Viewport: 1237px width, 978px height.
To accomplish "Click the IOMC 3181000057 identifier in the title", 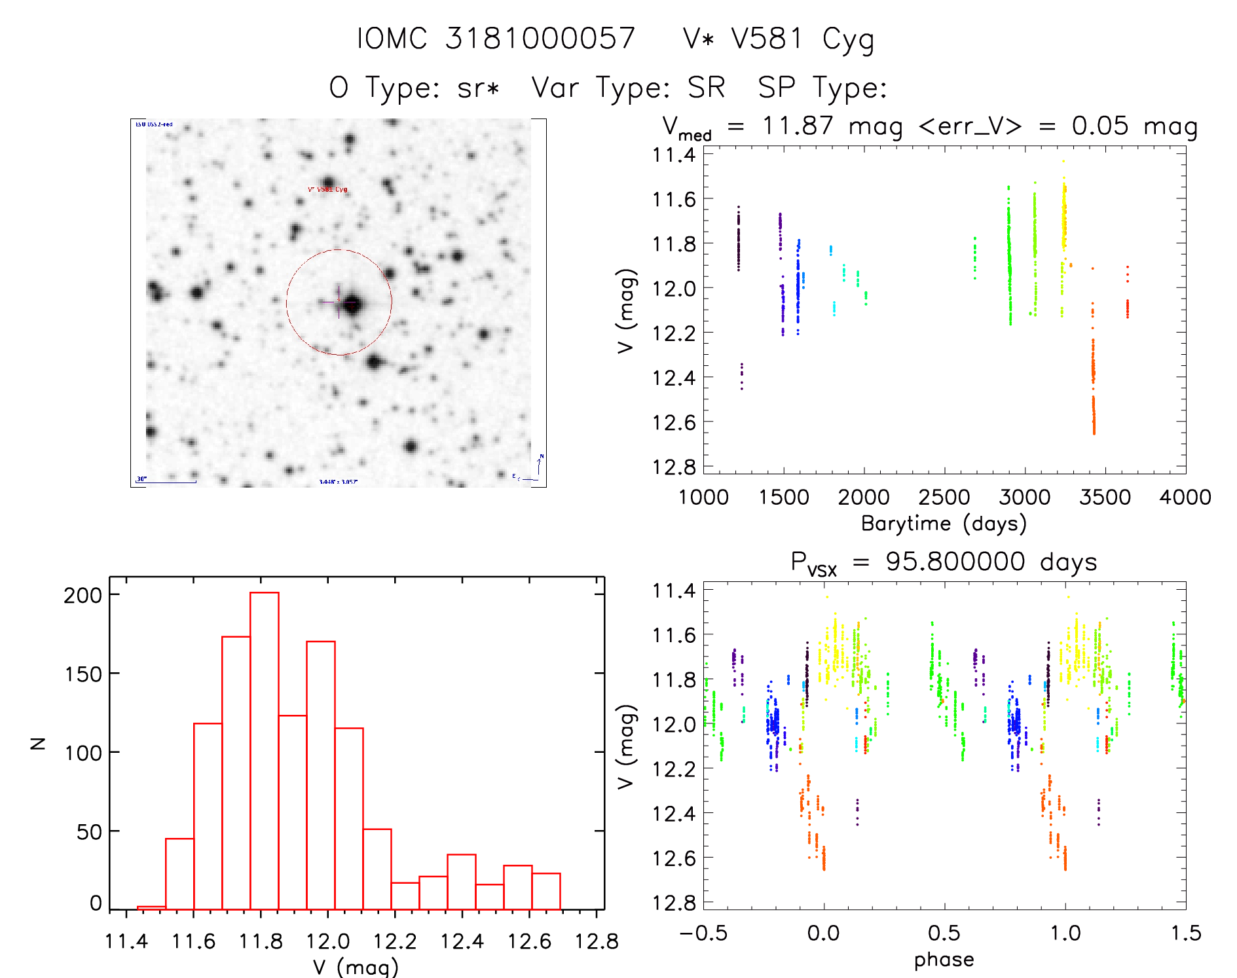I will (x=496, y=39).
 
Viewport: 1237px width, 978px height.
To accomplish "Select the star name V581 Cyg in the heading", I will (x=778, y=39).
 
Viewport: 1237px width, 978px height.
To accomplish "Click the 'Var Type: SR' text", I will (x=628, y=87).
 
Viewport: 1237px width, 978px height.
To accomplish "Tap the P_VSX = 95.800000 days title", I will (x=944, y=562).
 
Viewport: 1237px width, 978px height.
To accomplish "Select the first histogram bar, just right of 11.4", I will (x=151, y=907).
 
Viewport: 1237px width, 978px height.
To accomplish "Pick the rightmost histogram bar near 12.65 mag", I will (x=546, y=891).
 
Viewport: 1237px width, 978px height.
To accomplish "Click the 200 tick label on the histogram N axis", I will (x=83, y=595).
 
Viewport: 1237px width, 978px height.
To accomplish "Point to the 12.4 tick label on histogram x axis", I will (x=462, y=941).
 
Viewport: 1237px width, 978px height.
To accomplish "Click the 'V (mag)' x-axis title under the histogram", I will (x=355, y=967).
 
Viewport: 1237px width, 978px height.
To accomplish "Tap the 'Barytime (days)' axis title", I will (x=944, y=524).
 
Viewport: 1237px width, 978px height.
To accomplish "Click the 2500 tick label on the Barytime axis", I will (x=944, y=498).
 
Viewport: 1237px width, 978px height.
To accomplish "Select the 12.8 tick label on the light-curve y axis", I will (x=674, y=467).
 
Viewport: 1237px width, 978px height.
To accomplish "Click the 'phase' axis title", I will (x=944, y=960).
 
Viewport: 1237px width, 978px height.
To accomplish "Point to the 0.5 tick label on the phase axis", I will (x=944, y=933).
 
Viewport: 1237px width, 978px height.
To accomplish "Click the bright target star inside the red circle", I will (x=352, y=304).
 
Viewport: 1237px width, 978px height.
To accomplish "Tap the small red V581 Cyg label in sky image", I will (x=328, y=190).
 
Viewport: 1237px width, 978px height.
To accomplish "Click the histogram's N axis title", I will (x=39, y=744).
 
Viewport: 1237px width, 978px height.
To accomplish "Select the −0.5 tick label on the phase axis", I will (x=703, y=933).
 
